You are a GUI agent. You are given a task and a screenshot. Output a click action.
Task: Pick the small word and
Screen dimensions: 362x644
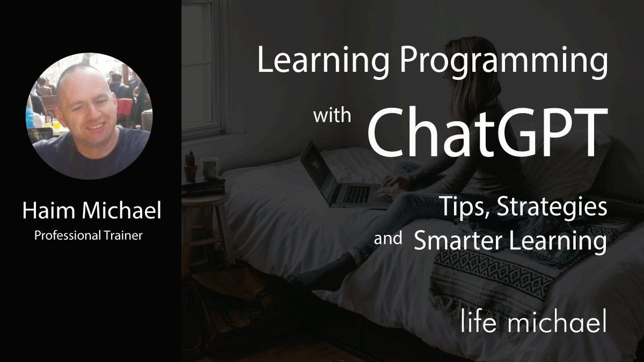[x=388, y=238]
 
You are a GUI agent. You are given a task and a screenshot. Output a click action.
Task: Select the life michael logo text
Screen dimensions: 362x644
[x=534, y=322]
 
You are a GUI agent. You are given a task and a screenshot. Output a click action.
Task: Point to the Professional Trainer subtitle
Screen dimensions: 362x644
[x=89, y=235]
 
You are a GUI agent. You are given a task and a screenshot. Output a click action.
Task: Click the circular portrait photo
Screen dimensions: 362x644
[x=89, y=116]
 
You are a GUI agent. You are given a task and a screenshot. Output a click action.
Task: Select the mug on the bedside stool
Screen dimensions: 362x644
[x=210, y=167]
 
